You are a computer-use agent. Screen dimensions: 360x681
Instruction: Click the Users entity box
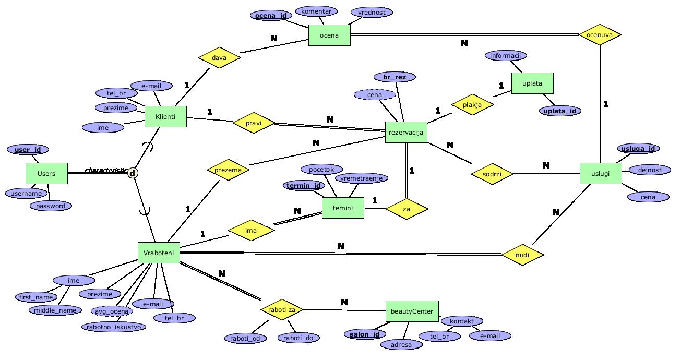pos(46,173)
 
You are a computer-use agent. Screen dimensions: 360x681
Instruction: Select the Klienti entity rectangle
pos(165,117)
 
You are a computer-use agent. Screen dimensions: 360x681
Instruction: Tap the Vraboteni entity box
pos(159,253)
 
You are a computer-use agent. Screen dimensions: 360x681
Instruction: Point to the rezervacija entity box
pos(406,133)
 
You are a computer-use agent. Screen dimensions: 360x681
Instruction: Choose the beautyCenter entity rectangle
pos(412,311)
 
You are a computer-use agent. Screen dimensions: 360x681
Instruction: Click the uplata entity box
pos(532,83)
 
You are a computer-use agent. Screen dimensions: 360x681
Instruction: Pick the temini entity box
pos(343,208)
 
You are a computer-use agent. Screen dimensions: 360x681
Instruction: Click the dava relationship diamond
pos(219,57)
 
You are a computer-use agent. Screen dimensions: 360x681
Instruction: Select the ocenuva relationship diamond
pos(600,35)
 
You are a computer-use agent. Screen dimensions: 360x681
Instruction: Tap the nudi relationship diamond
pos(522,255)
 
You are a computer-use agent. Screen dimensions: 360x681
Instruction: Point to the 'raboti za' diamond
pos(282,310)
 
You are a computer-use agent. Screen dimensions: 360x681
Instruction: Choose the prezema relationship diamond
pos(228,170)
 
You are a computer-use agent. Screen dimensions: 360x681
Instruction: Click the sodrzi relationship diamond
pos(492,173)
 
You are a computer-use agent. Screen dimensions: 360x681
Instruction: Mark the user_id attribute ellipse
pos(28,150)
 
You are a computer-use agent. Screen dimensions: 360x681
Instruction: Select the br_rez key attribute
pos(395,77)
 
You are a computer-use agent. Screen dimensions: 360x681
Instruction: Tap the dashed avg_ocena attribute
pos(112,311)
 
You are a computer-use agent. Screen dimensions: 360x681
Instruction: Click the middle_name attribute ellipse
pos(55,310)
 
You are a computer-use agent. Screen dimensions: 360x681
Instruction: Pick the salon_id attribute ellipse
pos(365,334)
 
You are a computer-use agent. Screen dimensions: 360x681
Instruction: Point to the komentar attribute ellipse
pos(316,11)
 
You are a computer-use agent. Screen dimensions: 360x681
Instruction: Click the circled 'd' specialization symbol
pos(133,173)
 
